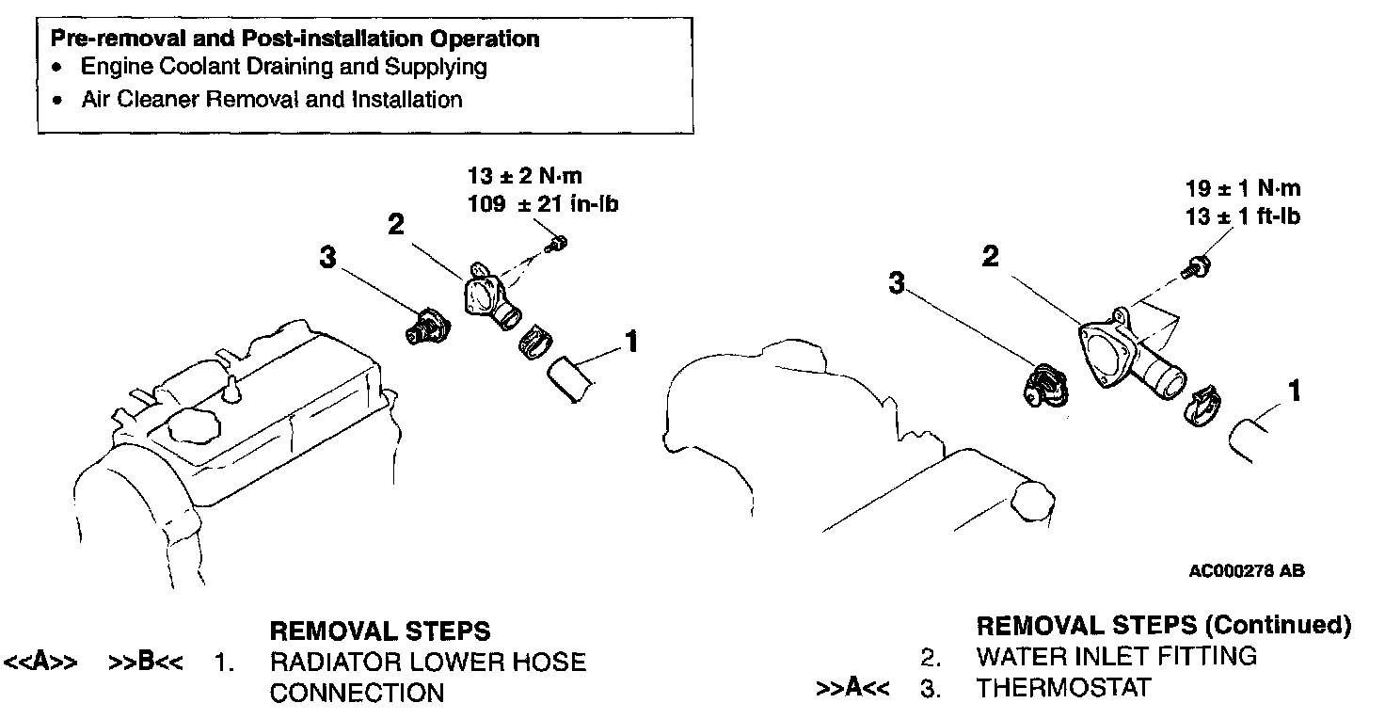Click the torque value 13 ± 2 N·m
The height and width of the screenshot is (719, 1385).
525,175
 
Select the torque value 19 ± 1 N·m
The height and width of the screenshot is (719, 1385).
1243,188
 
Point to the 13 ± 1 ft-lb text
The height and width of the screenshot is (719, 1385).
1243,216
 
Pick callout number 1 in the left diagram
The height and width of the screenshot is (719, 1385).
632,342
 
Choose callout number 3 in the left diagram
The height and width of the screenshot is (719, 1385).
326,257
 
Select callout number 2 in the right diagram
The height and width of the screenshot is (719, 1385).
991,255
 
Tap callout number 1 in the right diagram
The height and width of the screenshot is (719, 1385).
1295,389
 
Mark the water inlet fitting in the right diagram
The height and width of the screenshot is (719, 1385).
1129,353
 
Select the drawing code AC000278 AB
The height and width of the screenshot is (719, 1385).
1246,570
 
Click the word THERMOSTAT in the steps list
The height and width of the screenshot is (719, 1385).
1063,688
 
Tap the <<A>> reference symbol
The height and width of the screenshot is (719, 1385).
40,662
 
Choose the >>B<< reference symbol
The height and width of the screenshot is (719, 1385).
146,662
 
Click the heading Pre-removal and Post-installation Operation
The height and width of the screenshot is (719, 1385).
295,39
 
